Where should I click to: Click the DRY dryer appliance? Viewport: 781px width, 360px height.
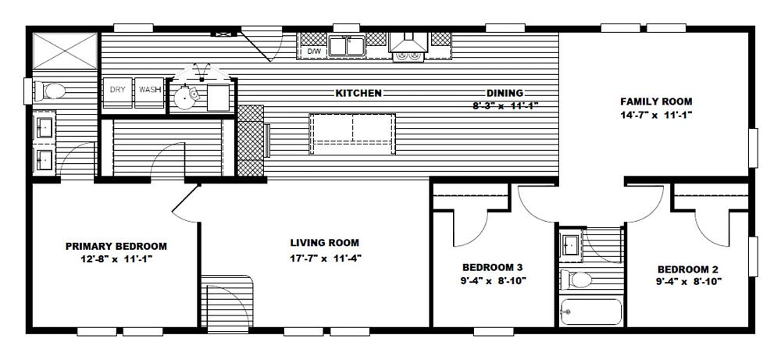[118, 92]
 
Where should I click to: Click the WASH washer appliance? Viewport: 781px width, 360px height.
[149, 92]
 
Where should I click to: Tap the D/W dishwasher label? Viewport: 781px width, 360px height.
[313, 52]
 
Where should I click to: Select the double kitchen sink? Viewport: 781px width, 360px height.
[346, 46]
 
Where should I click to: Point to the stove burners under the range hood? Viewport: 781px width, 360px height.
[408, 57]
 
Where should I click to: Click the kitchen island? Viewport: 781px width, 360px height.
[352, 134]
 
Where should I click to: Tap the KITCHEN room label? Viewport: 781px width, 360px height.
[358, 93]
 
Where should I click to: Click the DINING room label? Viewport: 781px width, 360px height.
[505, 93]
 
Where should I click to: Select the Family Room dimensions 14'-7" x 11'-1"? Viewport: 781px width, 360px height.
[656, 115]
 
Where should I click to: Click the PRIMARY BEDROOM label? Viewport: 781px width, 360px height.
[116, 246]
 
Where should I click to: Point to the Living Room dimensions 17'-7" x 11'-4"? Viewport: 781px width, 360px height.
[325, 258]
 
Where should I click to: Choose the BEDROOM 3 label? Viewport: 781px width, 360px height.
[492, 267]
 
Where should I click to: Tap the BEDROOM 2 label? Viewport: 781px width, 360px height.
[688, 269]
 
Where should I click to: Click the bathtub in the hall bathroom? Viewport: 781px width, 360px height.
[590, 312]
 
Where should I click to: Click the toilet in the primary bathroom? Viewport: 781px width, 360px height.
[49, 91]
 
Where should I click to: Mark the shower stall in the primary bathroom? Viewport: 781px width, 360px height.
[66, 51]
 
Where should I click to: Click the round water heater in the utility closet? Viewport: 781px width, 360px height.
[185, 97]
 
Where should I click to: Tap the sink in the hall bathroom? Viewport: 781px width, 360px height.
[570, 245]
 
